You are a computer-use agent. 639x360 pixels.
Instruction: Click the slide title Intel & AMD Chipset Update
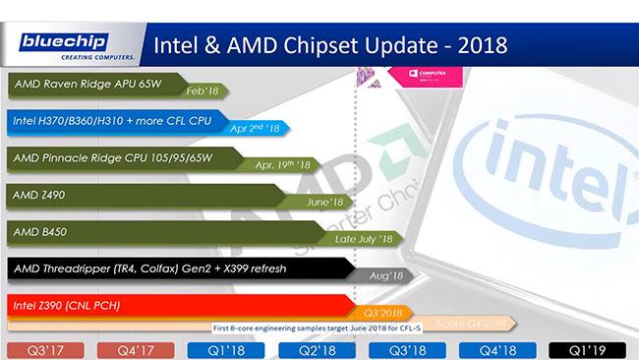point(325,45)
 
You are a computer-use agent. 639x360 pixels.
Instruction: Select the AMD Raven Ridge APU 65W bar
point(88,84)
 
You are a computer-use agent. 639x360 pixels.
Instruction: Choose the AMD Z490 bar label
point(39,195)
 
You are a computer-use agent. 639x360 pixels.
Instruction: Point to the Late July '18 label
point(364,239)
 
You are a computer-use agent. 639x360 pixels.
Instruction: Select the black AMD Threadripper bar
point(147,269)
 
